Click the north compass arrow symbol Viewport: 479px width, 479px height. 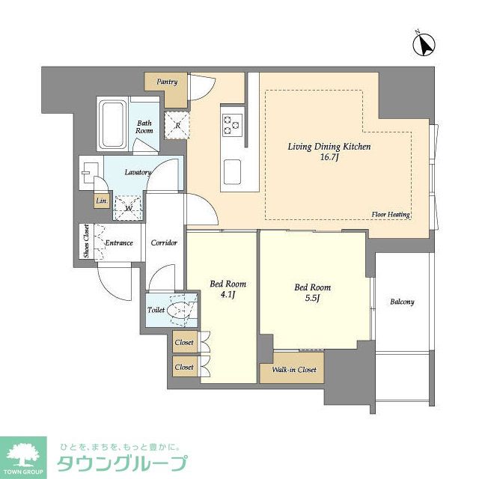[424, 46]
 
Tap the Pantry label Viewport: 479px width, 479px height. [167, 82]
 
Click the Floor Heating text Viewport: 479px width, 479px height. [390, 215]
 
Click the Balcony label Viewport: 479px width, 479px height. [402, 302]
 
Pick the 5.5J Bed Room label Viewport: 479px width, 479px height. [312, 293]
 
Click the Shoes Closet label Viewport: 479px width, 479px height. [86, 242]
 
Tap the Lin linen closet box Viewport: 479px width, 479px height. [100, 201]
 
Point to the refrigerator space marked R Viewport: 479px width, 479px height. [177, 125]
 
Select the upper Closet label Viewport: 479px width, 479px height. [184, 343]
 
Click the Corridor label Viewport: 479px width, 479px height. [163, 243]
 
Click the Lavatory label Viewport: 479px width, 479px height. [138, 172]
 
